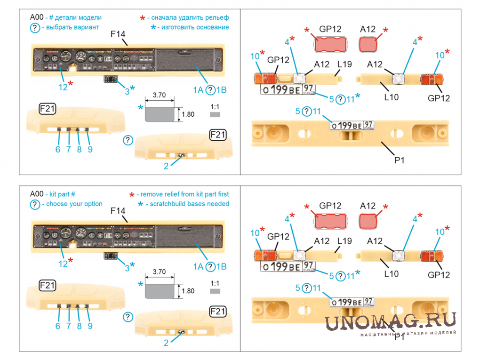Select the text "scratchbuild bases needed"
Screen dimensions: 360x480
click(x=188, y=204)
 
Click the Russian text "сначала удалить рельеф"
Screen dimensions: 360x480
click(x=188, y=17)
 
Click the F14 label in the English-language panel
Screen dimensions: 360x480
click(x=118, y=210)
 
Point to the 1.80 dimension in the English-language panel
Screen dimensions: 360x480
click(x=187, y=291)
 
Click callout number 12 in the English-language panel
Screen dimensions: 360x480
click(x=63, y=264)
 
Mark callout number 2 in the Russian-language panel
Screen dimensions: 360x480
click(x=166, y=166)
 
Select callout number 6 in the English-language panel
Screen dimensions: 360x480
click(x=58, y=326)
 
